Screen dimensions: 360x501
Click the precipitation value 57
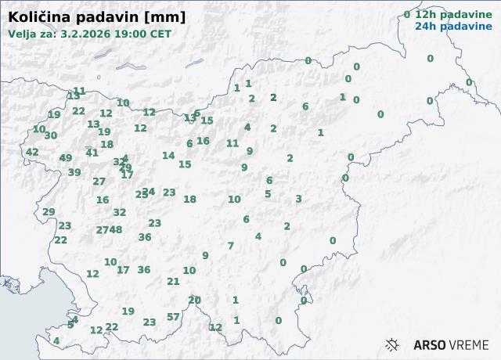click(x=173, y=317)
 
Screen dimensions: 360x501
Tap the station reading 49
click(x=66, y=158)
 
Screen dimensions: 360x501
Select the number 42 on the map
click(x=32, y=153)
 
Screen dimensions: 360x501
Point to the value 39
click(x=74, y=173)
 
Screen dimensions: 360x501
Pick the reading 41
click(x=92, y=153)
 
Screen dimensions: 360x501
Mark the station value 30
click(x=51, y=135)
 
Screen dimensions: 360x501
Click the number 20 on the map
click(x=195, y=300)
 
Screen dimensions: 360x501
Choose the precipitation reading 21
click(x=174, y=282)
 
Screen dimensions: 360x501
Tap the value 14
click(x=168, y=156)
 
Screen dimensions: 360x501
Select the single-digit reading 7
click(x=230, y=246)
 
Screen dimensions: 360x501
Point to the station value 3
click(x=298, y=199)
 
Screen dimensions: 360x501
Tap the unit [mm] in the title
click(x=164, y=16)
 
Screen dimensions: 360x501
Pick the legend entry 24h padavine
click(x=453, y=26)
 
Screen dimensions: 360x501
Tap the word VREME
click(x=470, y=344)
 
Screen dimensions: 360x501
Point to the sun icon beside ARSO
click(x=393, y=344)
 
